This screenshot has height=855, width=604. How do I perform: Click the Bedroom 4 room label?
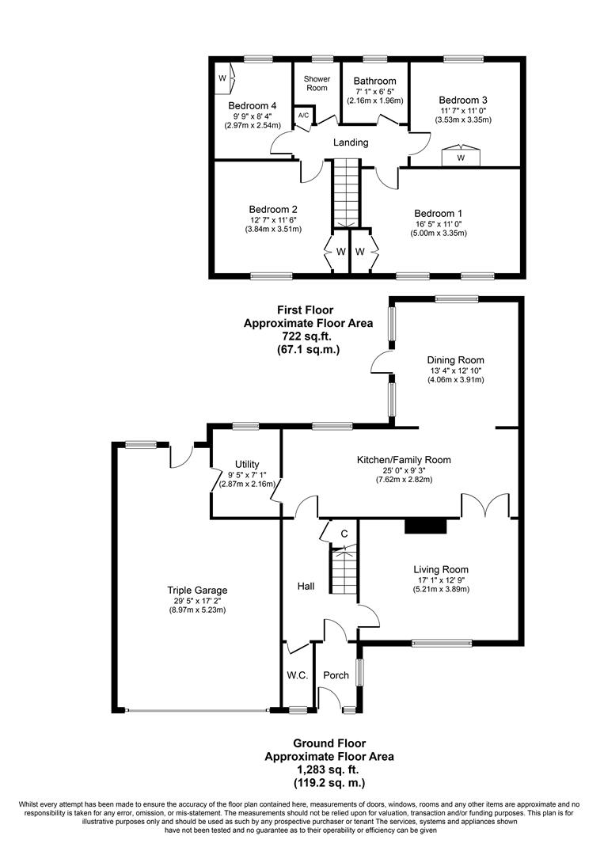click(253, 105)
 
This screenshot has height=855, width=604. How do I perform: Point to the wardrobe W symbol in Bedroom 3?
click(460, 157)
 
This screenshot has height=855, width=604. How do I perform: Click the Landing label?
click(350, 142)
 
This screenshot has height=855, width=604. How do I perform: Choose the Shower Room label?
click(317, 83)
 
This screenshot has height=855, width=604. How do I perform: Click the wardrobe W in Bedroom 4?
click(222, 78)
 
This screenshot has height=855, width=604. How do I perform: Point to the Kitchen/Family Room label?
click(404, 459)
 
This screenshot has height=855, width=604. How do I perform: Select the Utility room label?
click(247, 465)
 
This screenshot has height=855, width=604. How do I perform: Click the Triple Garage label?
click(197, 590)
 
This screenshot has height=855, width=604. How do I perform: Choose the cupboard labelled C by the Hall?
click(344, 534)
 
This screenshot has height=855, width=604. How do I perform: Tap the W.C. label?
click(298, 675)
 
